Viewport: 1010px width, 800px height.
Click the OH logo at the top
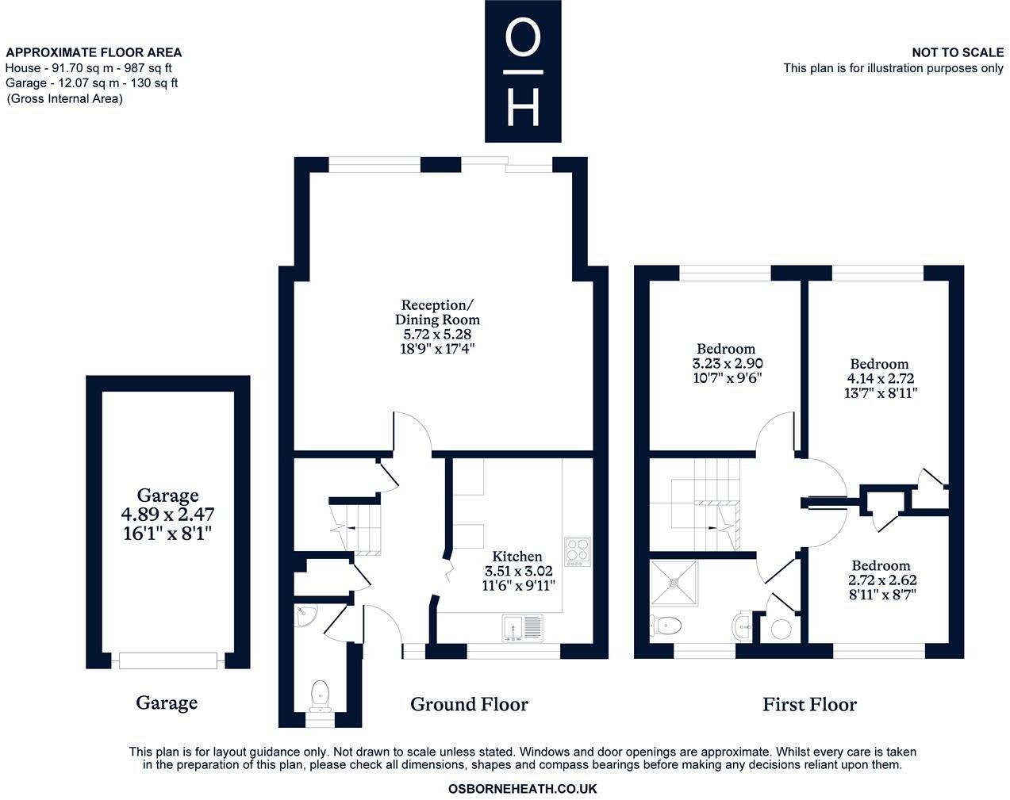[x=523, y=71]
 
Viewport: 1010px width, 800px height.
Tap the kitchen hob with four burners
[x=578, y=550]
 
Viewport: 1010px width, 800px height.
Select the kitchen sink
[x=521, y=628]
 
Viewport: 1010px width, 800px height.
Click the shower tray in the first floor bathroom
[x=674, y=583]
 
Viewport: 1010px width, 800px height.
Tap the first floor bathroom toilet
[x=665, y=626]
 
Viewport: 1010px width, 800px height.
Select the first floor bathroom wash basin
[x=743, y=626]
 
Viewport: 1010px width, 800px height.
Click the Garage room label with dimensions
[x=167, y=514]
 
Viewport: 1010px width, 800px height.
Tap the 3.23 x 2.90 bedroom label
[x=726, y=363]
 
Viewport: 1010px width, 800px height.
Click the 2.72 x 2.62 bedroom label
[x=881, y=580]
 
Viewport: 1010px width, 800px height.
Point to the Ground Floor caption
[x=469, y=704]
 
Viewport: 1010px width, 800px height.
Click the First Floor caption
[x=809, y=704]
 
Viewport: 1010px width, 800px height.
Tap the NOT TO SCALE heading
[x=958, y=52]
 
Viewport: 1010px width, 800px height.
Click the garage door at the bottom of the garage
[x=167, y=660]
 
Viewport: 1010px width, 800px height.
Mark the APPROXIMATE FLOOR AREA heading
[x=94, y=52]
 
